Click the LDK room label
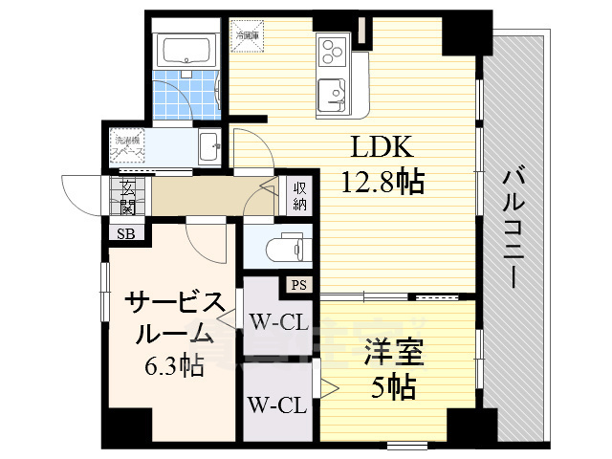coord(382,148)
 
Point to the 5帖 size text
coord(393,386)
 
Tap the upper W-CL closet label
coord(276,322)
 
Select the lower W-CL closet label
coord(276,405)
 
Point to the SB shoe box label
coord(125,232)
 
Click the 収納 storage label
coord(299,196)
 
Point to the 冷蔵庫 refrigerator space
coord(251,33)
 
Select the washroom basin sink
coord(209,147)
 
